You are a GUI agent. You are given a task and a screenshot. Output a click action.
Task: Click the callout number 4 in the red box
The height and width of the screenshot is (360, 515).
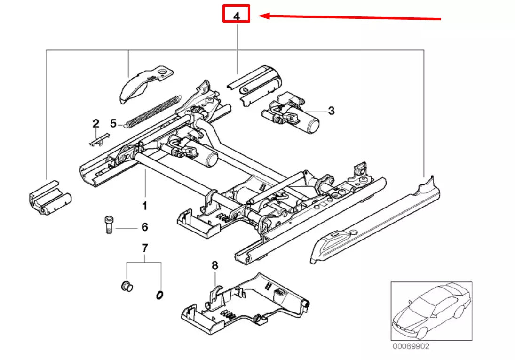pyautogui.click(x=237, y=16)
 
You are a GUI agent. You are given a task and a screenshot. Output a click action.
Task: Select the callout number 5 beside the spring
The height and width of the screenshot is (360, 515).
pyautogui.click(x=113, y=123)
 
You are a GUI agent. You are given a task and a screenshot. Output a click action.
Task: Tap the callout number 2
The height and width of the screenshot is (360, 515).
pyautogui.click(x=96, y=124)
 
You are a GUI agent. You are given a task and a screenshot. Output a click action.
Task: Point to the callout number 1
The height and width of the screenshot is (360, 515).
pyautogui.click(x=145, y=206)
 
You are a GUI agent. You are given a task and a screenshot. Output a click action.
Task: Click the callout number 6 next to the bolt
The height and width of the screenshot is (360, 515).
pyautogui.click(x=144, y=227)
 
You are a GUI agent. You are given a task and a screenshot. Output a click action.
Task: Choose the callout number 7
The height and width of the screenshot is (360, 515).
pyautogui.click(x=144, y=248)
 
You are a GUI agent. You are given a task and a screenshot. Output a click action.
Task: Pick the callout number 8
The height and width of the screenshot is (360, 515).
pyautogui.click(x=215, y=265)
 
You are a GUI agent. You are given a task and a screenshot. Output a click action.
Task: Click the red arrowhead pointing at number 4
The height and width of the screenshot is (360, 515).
pyautogui.click(x=265, y=16)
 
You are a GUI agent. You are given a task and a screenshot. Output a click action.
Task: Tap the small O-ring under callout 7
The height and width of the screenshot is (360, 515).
pyautogui.click(x=159, y=295)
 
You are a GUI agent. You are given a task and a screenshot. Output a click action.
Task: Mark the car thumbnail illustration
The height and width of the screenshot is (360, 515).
pyautogui.click(x=431, y=311)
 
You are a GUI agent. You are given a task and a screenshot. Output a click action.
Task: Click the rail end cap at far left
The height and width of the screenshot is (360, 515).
pyautogui.click(x=49, y=198)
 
